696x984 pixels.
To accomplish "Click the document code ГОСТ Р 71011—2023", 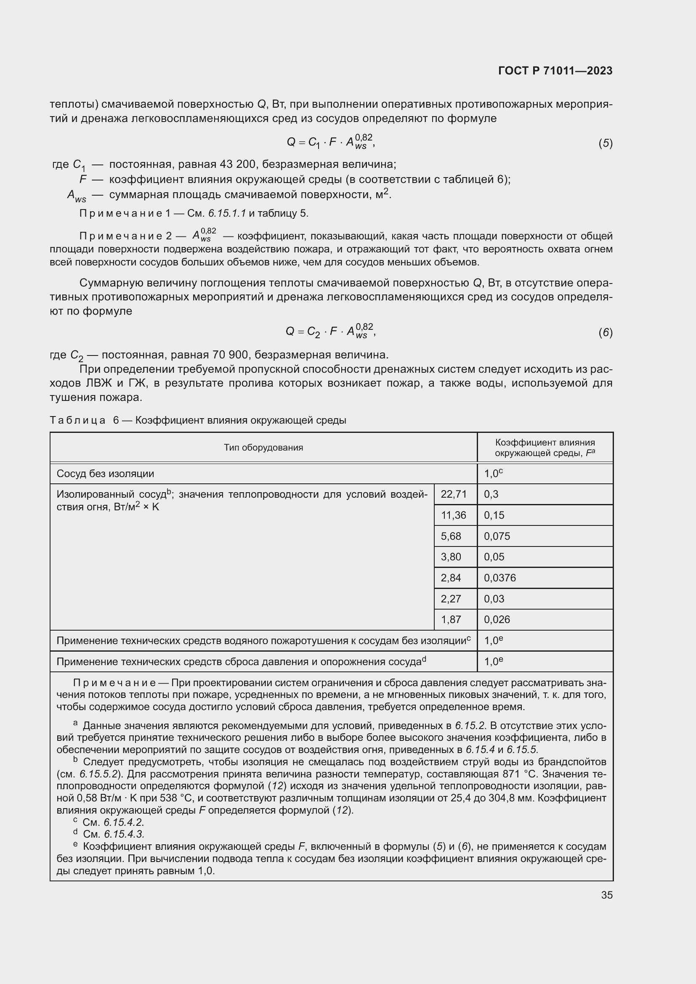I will (555, 71).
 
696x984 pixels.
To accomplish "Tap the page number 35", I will (606, 895).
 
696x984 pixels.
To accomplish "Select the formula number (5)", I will (605, 143).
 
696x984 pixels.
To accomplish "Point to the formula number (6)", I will (605, 333).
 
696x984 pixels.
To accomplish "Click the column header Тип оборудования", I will (263, 448).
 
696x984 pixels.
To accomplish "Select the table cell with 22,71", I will (454, 494).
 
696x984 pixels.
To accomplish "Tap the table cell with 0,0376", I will (500, 578).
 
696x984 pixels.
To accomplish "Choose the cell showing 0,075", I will (497, 536).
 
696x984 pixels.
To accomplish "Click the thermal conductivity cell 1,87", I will (450, 619).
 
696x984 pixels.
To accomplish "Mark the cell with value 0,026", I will (497, 619).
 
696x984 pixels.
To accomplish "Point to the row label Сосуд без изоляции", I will (105, 474).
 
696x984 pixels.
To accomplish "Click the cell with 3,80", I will (450, 557).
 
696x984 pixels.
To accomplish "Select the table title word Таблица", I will (77, 420).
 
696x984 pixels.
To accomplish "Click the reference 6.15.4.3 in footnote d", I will (124, 834).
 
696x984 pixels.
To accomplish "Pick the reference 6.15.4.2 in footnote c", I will (124, 822).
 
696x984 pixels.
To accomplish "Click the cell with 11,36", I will (454, 515).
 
